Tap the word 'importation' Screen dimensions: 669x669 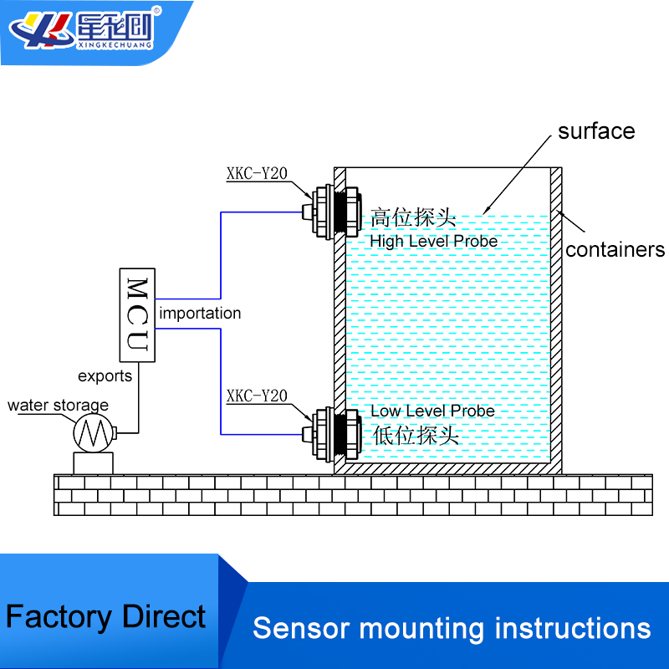200,314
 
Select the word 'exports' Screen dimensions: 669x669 105,375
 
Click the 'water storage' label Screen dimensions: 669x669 58,406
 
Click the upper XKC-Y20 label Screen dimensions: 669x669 257,174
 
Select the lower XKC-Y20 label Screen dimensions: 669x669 257,395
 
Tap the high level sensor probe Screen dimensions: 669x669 331,211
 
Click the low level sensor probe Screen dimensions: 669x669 331,432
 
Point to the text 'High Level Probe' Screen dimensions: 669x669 433,241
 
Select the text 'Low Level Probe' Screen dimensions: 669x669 432,411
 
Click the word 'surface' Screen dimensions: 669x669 596,131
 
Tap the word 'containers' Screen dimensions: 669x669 615,249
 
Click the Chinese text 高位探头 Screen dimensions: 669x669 413,219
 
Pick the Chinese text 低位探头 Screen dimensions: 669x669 415,435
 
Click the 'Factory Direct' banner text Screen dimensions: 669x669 105,617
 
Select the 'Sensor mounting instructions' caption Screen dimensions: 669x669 452,628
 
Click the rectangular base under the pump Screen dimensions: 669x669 92,462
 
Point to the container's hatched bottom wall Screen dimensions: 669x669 447,468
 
